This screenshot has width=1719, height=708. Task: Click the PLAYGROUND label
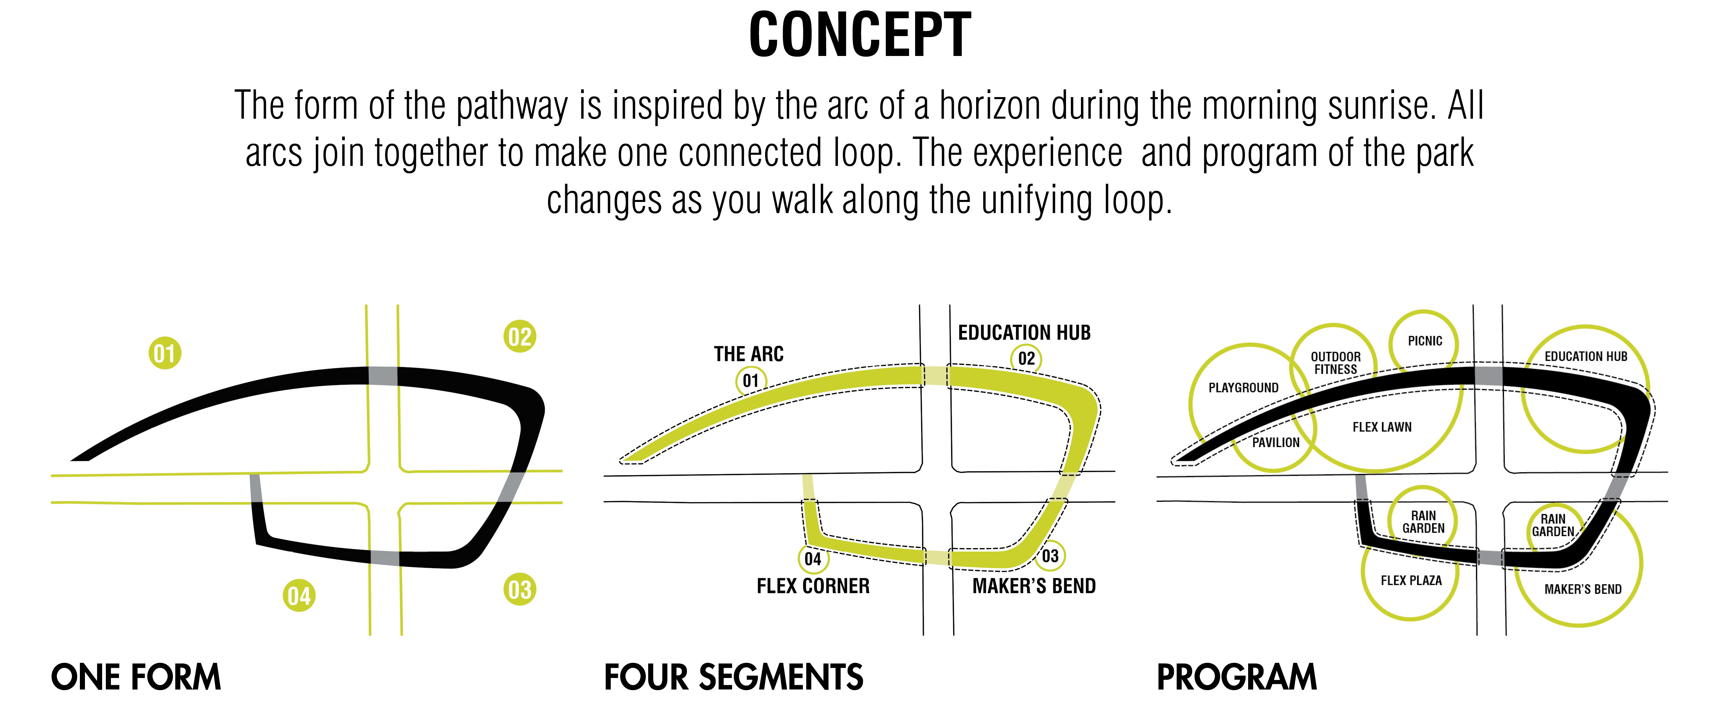click(1243, 388)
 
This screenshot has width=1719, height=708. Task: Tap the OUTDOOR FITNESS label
click(1335, 363)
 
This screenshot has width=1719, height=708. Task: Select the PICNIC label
click(1425, 341)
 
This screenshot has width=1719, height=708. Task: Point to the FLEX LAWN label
click(1382, 427)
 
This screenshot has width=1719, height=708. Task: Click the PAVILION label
click(1275, 442)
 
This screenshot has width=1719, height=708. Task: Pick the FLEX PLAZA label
click(1411, 581)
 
